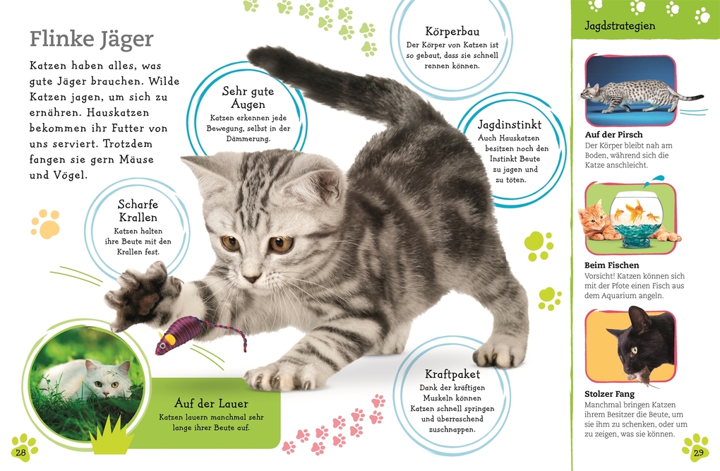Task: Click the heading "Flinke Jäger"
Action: pyautogui.click(x=91, y=38)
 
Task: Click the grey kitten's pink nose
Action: pyautogui.click(x=251, y=278)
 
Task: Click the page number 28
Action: pyautogui.click(x=20, y=452)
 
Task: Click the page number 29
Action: pyautogui.click(x=699, y=452)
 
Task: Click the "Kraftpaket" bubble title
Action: pyautogui.click(x=452, y=374)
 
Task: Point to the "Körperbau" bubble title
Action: pyautogui.click(x=452, y=31)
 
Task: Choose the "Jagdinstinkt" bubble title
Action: pyautogui.click(x=510, y=124)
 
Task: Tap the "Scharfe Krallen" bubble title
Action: pyautogui.click(x=138, y=210)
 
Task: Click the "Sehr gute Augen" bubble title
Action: pyautogui.click(x=248, y=98)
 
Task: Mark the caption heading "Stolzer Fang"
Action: pyautogui.click(x=610, y=393)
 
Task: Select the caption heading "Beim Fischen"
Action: pyautogui.click(x=612, y=265)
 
